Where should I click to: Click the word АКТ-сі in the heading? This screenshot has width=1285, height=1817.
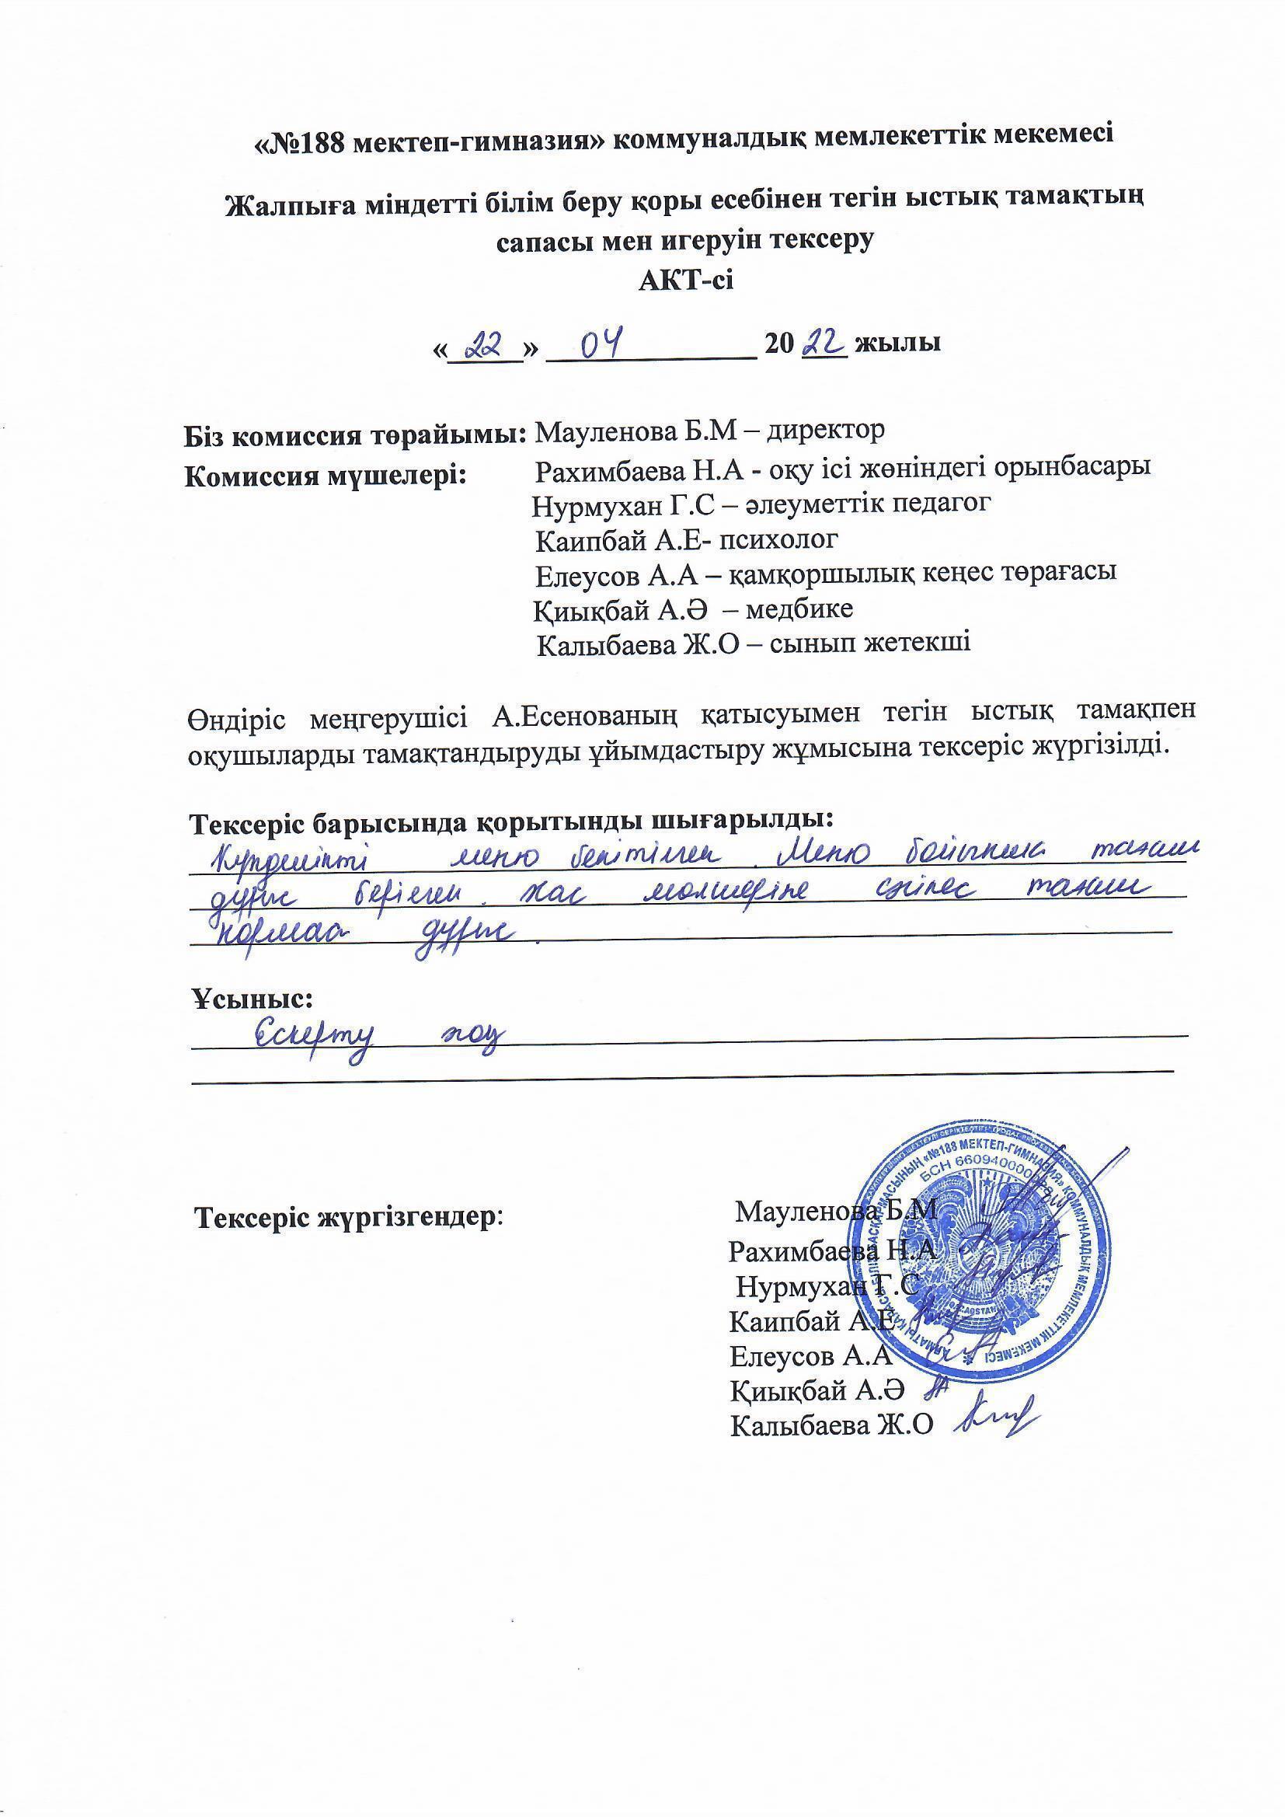[x=686, y=280]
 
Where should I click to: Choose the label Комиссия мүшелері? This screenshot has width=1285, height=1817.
[x=326, y=476]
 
